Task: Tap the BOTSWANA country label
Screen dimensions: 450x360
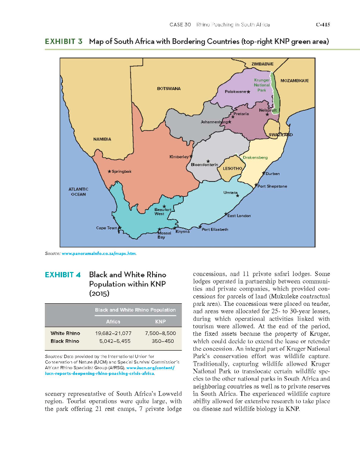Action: [169, 88]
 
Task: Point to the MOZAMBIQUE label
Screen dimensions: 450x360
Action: [294, 81]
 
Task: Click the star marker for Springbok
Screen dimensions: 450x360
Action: [109, 171]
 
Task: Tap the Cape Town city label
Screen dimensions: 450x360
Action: [106, 228]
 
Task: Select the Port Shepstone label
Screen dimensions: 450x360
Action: [273, 186]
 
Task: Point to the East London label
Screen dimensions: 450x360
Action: [239, 216]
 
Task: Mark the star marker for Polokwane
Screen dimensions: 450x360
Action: [248, 92]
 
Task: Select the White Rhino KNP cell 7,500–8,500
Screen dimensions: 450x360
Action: [160, 334]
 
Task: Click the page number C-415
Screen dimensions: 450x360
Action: [323, 25]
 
